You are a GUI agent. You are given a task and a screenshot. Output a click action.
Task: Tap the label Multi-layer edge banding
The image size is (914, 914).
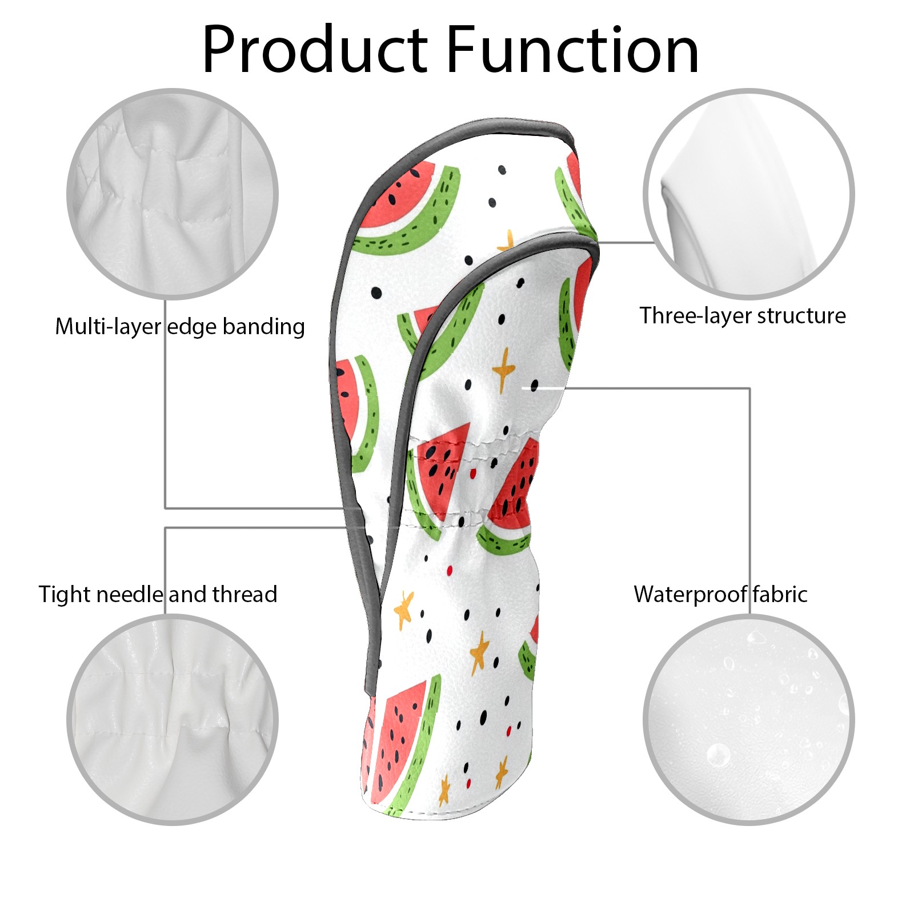(x=180, y=327)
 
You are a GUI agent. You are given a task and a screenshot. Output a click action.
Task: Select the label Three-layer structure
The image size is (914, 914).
(x=743, y=315)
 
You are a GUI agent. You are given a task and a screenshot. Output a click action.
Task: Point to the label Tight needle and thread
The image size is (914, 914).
(x=158, y=594)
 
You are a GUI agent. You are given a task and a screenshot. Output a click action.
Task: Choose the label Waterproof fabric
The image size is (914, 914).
(x=720, y=594)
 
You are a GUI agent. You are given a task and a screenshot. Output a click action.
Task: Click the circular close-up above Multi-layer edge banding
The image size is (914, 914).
(x=173, y=194)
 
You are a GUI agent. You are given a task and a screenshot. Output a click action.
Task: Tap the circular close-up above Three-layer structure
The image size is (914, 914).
(x=749, y=194)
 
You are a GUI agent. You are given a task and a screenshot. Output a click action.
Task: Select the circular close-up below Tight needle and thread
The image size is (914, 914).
(x=173, y=720)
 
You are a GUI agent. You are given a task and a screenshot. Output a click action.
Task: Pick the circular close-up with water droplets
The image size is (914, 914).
(x=749, y=720)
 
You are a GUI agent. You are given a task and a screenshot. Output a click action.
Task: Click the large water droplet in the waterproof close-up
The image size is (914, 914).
(x=718, y=755)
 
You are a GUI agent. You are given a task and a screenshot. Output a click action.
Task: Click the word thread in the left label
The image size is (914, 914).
(x=245, y=594)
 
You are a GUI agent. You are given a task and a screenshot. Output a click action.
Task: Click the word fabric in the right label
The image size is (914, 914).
(x=780, y=594)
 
